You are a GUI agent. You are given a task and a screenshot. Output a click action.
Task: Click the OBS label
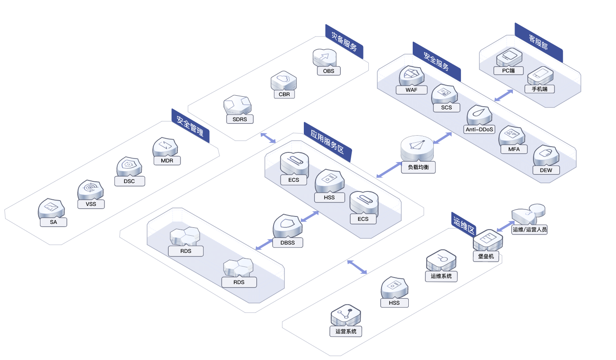[328, 71]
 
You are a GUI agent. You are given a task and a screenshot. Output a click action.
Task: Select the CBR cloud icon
[284, 81]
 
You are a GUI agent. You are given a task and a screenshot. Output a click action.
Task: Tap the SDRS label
[240, 119]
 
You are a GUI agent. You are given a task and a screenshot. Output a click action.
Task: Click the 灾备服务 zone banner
[344, 42]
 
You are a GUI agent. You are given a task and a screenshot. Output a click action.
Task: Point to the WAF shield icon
[411, 76]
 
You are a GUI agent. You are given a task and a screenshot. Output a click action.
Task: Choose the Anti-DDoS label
[479, 129]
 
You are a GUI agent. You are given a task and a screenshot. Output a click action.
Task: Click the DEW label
[546, 170]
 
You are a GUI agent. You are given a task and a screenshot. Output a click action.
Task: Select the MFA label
[514, 149]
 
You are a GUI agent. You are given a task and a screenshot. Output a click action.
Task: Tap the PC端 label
[508, 71]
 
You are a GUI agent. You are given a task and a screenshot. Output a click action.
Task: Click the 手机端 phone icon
[540, 76]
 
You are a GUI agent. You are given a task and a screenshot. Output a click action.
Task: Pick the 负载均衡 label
[418, 167]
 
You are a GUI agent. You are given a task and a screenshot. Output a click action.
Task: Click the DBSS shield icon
[288, 226]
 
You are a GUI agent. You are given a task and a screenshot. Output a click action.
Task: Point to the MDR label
[167, 161]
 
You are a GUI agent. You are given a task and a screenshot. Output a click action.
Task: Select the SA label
[54, 222]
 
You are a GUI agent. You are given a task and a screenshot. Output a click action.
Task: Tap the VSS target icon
[90, 190]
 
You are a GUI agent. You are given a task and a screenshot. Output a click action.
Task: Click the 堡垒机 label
[486, 256]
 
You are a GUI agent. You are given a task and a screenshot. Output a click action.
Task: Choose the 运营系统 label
[346, 331]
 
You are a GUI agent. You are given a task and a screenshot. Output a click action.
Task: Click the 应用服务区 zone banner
[328, 142]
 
